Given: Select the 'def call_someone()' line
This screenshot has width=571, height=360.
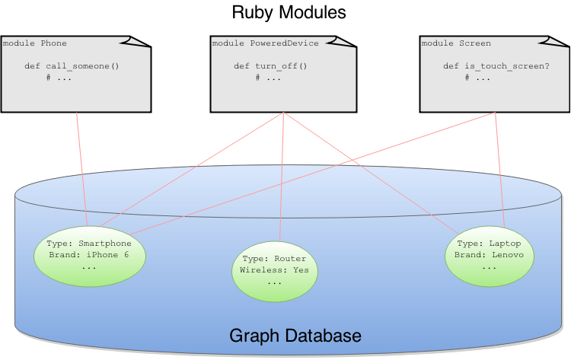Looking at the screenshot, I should (72, 66).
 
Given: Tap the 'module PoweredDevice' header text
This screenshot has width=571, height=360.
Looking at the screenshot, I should (265, 43).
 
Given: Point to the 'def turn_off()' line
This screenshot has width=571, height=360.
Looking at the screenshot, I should (270, 66).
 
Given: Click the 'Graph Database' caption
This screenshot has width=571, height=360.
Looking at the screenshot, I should (295, 336).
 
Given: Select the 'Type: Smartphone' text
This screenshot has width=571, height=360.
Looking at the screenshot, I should (89, 244).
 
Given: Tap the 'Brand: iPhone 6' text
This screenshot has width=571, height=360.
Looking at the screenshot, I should (89, 255).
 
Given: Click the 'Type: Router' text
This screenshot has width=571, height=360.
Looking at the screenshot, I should (274, 259).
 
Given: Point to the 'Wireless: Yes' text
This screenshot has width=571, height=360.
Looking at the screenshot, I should (274, 270).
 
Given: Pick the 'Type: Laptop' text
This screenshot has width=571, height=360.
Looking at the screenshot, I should (489, 244).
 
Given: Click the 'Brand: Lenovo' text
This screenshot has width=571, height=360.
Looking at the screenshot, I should (489, 255).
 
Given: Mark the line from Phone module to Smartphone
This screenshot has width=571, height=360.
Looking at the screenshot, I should (81, 167).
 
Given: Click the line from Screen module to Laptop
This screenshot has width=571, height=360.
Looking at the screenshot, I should (499, 167).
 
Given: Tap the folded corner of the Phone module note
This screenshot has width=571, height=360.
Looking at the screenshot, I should (141, 42).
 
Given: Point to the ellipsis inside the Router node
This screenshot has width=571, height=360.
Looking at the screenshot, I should (274, 282).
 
